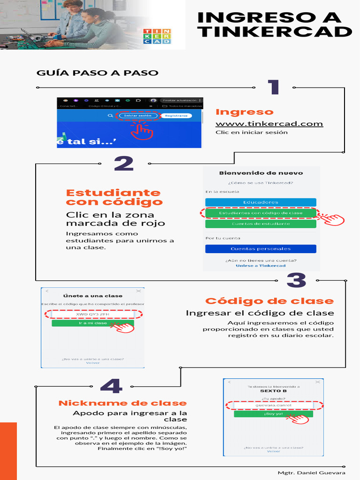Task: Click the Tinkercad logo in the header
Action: (x=157, y=36)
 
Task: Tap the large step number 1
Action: (x=273, y=88)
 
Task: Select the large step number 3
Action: (x=296, y=280)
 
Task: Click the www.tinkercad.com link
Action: (x=269, y=124)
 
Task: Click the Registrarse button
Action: (x=176, y=115)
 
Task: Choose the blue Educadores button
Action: (x=261, y=202)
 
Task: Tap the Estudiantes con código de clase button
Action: (x=261, y=213)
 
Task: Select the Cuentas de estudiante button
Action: (x=261, y=224)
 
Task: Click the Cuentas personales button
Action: (x=261, y=249)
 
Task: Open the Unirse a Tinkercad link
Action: (x=261, y=266)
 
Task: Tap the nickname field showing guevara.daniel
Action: (x=273, y=405)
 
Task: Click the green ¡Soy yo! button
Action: (x=273, y=414)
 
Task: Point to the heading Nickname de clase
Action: (x=122, y=403)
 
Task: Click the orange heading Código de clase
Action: (x=270, y=301)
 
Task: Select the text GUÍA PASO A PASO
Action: (x=97, y=73)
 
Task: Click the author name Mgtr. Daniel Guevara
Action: (x=311, y=472)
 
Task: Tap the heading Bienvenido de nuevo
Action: (x=261, y=173)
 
